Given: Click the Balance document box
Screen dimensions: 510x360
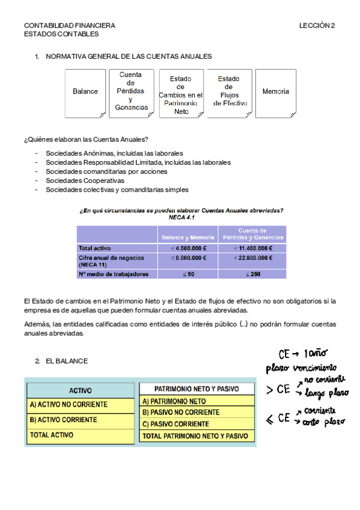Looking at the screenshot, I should point(85,92).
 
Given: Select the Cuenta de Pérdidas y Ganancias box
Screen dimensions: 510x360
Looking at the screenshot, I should point(130,91).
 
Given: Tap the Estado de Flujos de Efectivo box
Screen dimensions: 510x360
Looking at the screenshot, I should point(229,91).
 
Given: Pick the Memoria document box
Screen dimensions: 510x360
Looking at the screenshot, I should point(276,92).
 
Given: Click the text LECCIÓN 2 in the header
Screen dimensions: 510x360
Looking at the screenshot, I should point(317,26).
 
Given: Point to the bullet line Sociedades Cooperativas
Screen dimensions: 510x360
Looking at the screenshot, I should point(85,180).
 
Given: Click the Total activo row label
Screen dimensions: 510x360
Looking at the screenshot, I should point(95,248).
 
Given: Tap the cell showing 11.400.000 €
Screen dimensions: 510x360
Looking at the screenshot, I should point(252,248).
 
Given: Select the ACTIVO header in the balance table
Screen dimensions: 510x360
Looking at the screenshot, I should point(81,390).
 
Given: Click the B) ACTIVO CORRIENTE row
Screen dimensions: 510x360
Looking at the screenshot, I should point(81,420).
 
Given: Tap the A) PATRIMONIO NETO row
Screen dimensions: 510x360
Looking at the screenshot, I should point(197,401).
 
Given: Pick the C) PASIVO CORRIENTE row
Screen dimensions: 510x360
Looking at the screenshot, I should point(197,424).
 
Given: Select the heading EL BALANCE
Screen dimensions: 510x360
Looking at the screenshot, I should point(67,361).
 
